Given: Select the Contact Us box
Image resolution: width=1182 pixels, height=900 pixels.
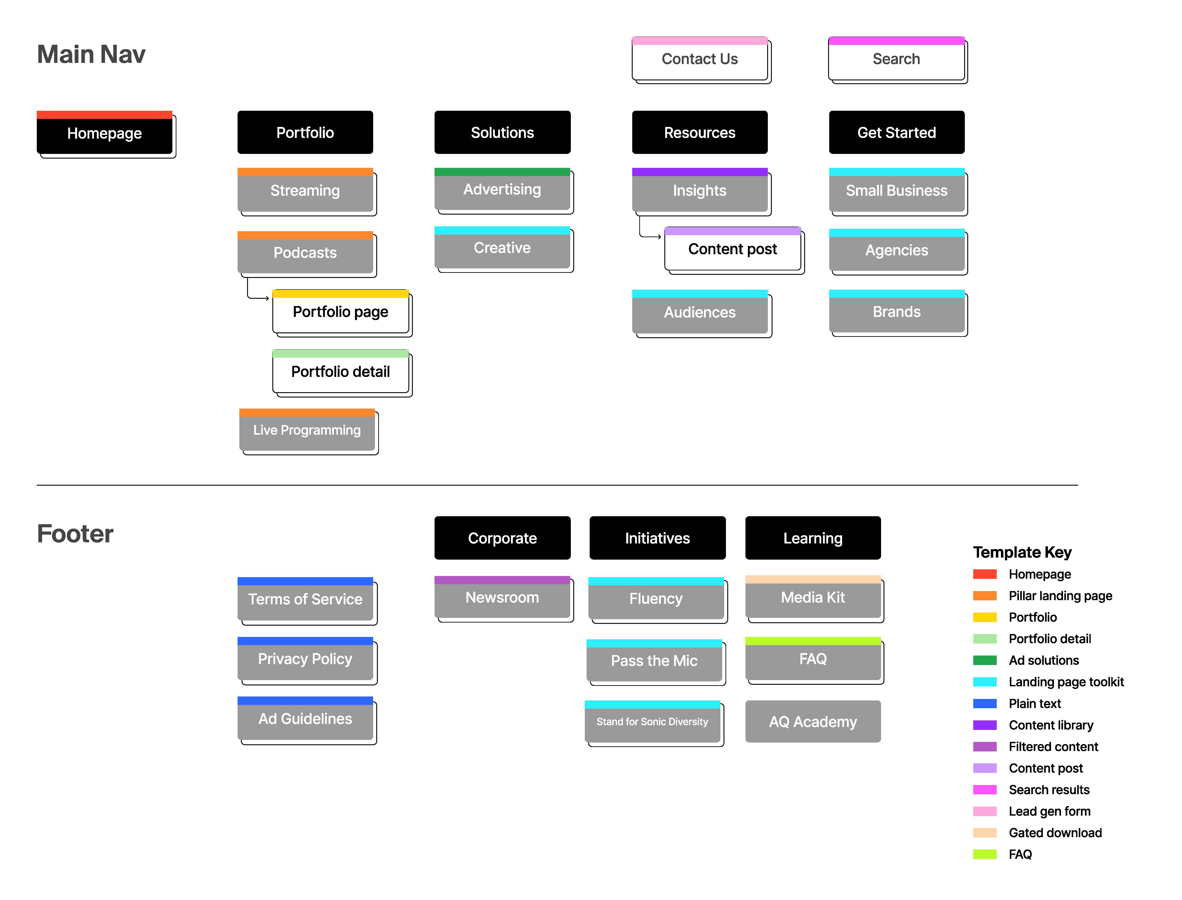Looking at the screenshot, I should click(x=700, y=59).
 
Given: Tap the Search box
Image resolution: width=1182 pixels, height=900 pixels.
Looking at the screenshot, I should click(x=896, y=59).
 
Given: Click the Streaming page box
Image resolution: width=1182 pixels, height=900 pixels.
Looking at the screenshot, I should click(x=305, y=191).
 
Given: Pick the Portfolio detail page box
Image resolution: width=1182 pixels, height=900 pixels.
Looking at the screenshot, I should click(x=340, y=372).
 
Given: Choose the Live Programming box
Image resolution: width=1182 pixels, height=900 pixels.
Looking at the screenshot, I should click(x=307, y=430).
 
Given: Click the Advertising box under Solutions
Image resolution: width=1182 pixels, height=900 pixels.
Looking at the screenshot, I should click(x=502, y=190).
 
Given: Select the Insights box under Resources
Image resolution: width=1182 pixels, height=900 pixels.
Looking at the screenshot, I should click(x=700, y=191).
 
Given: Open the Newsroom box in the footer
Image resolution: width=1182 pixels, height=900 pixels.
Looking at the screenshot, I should click(x=502, y=597).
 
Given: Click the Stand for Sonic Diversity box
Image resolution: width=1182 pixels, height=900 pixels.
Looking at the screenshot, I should click(x=652, y=722).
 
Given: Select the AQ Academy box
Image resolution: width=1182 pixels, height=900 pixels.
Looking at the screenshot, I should click(x=813, y=722).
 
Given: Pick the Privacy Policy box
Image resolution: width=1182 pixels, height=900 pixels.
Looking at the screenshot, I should click(x=305, y=659).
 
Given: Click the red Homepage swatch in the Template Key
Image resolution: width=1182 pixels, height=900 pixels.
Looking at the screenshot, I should click(x=985, y=574).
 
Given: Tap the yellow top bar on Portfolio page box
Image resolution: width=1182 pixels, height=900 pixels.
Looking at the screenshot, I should click(x=340, y=294).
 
